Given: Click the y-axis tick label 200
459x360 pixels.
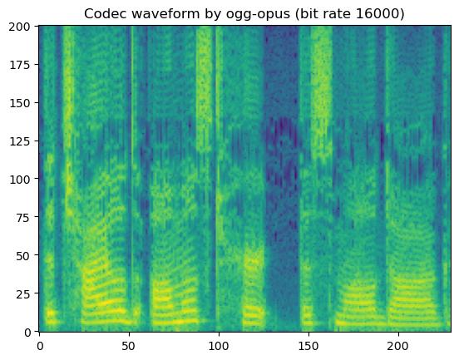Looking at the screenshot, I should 21,26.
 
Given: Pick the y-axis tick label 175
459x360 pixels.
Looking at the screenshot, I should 21,64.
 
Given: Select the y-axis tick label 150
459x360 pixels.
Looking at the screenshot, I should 21,102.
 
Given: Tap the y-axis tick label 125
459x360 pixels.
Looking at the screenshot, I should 21,141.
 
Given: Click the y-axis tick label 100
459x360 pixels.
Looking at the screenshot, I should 21,179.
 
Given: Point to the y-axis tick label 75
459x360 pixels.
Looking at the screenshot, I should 23,217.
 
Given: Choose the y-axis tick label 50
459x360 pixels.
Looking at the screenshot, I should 23,255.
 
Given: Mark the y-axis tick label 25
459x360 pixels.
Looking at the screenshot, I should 23,293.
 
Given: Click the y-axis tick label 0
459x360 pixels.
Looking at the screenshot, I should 27,332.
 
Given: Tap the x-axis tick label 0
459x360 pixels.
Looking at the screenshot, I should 39,345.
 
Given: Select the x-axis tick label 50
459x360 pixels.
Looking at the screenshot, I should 129,345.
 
